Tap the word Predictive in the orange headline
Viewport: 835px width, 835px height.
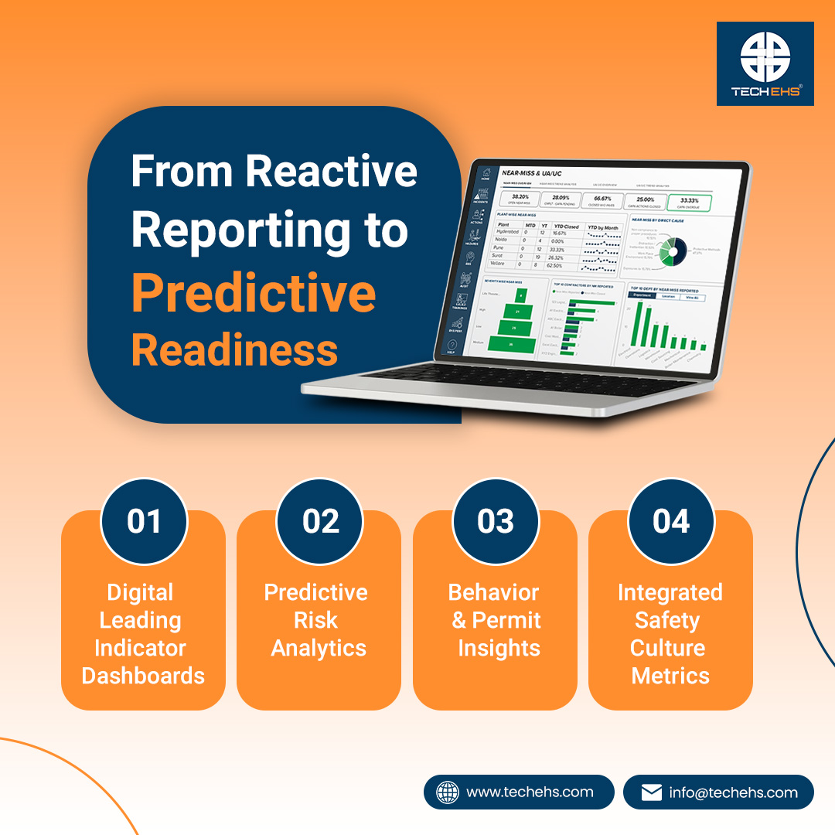tap(254, 292)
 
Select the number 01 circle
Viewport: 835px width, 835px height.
tap(144, 521)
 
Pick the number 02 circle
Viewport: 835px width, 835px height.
tap(320, 521)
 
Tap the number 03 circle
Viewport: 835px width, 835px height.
tap(496, 521)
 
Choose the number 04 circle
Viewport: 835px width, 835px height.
tap(671, 521)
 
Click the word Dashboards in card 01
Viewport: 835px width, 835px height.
tap(144, 676)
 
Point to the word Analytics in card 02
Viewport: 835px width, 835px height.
tap(319, 648)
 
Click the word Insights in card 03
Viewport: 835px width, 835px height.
tap(499, 648)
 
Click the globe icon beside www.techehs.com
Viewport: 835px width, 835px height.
tap(448, 792)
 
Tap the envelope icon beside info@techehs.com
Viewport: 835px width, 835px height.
tap(652, 792)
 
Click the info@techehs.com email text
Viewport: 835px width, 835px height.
tap(733, 792)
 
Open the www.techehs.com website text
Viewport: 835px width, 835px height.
tap(530, 792)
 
